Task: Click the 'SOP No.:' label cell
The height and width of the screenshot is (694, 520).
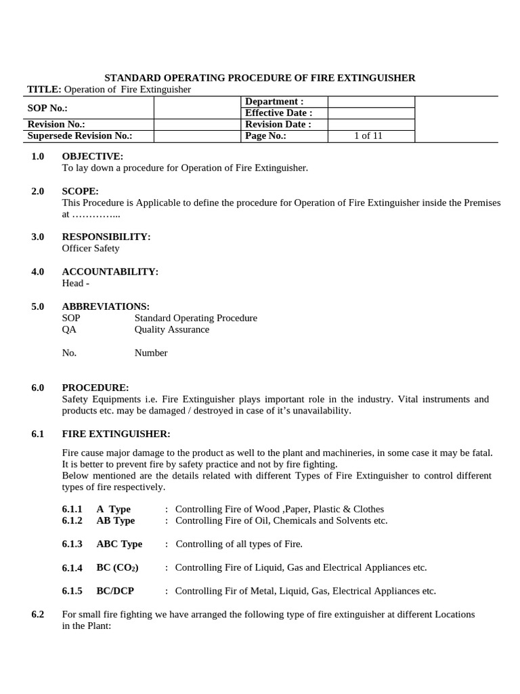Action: click(x=47, y=108)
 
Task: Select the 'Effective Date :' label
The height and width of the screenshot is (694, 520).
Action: click(x=278, y=113)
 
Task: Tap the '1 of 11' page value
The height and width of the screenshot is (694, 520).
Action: click(x=368, y=136)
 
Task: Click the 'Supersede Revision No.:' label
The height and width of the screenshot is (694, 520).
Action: click(x=80, y=136)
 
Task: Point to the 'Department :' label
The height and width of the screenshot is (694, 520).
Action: click(x=274, y=102)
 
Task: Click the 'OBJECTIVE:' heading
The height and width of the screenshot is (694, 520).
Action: click(x=93, y=157)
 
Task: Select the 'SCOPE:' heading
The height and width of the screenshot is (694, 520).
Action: click(x=81, y=191)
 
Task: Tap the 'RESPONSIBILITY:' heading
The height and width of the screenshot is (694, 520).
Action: click(x=106, y=237)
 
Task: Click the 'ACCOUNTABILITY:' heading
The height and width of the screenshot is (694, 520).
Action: click(x=110, y=272)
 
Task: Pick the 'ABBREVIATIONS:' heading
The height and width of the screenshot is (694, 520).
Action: click(x=106, y=306)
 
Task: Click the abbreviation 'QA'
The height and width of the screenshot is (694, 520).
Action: click(x=69, y=329)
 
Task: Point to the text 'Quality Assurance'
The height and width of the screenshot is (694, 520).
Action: click(x=172, y=329)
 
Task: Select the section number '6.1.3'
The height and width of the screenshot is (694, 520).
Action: click(x=72, y=544)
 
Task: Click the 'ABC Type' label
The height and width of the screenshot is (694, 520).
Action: click(x=119, y=544)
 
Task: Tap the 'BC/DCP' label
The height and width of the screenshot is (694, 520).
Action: click(x=115, y=591)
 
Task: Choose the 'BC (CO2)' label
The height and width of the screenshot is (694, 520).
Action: click(x=117, y=568)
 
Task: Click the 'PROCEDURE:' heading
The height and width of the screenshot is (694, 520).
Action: click(x=95, y=388)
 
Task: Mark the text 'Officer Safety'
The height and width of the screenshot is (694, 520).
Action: click(x=91, y=248)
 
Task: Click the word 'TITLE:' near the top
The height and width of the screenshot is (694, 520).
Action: click(x=44, y=89)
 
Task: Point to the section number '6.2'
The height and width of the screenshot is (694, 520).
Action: click(x=38, y=615)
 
